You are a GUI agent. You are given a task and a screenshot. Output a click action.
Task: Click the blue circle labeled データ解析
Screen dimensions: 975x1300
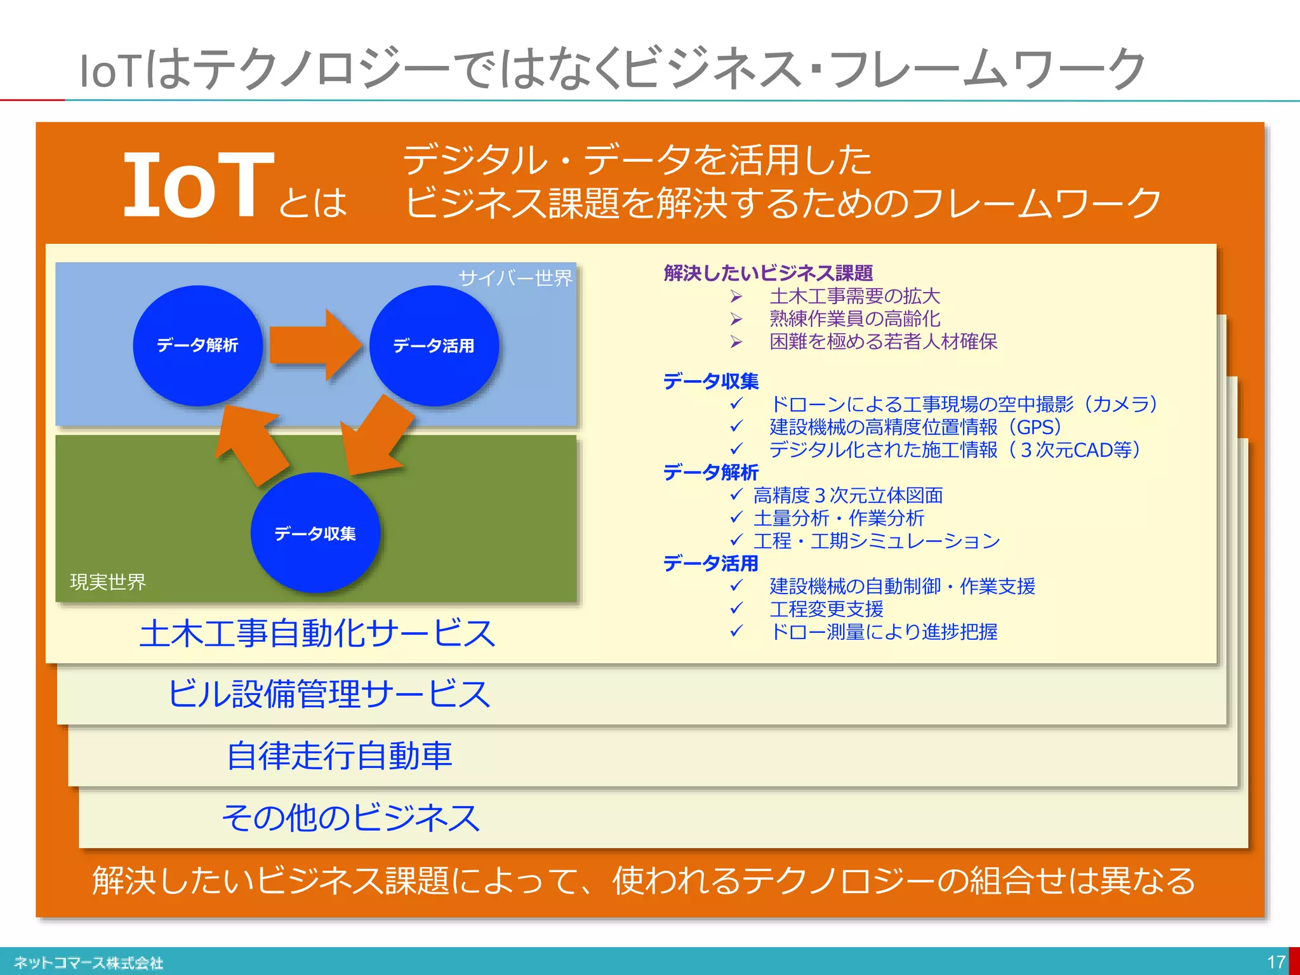tap(197, 345)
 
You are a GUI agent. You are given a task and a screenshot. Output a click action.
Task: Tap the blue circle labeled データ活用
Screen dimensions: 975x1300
tap(434, 345)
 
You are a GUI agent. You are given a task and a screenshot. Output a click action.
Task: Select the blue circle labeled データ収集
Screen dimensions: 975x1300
tap(315, 533)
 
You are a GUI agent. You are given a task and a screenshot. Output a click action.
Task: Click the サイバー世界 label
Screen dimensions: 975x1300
tap(515, 278)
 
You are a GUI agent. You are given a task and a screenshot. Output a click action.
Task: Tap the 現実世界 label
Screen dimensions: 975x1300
tap(108, 581)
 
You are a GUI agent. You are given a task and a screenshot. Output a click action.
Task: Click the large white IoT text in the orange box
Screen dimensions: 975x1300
tap(198, 185)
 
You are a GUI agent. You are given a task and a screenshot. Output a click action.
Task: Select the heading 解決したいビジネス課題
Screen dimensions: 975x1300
tap(768, 273)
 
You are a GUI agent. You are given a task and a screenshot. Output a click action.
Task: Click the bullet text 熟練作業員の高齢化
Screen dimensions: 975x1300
tap(854, 319)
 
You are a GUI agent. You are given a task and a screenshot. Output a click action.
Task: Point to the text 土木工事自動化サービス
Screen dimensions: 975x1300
tap(317, 633)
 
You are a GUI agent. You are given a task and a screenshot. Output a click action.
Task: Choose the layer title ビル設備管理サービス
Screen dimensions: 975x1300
tap(329, 694)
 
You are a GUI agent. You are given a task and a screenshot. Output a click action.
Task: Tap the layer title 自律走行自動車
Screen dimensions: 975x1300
tap(340, 755)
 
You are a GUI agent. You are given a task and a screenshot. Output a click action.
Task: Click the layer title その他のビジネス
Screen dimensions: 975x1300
tap(351, 817)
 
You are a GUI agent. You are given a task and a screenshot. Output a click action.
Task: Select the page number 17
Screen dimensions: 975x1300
tap(1276, 962)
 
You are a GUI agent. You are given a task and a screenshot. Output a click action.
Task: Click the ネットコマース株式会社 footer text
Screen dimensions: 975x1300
tap(89, 963)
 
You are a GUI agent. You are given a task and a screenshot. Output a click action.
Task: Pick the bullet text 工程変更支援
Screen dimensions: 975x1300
tap(826, 609)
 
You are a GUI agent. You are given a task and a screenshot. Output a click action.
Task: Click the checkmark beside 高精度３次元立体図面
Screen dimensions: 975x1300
tap(736, 494)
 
